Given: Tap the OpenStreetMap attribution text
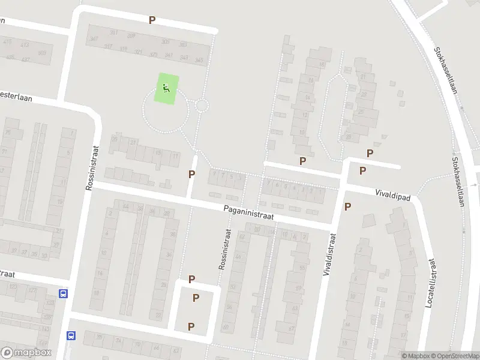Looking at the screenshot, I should click(454, 355).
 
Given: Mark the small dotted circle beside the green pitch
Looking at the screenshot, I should click(202, 106).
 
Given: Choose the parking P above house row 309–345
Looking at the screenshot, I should click(152, 20).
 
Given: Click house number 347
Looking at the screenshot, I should click(93, 40).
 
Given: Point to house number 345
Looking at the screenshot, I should click(199, 60).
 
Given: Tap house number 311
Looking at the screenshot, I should click(124, 49).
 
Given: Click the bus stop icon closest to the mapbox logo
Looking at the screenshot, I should click(71, 335).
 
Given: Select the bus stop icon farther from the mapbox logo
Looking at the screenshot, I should click(63, 293).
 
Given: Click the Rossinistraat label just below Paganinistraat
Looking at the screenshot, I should click(224, 248).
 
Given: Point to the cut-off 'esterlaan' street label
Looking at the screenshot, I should click(13, 95).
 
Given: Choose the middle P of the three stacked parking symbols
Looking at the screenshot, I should click(196, 298).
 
